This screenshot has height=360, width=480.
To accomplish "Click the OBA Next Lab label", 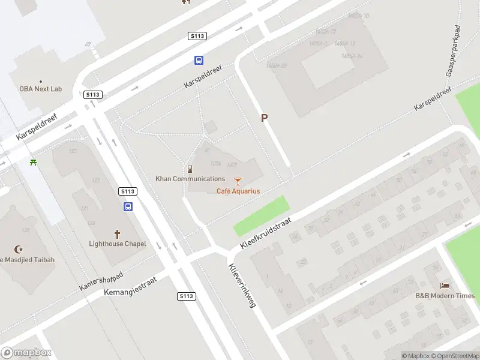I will [40, 89].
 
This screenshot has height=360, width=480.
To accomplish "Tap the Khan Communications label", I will [190, 179].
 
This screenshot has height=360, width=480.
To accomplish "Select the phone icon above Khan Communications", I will [190, 169].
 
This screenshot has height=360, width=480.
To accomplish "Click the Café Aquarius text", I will [238, 191].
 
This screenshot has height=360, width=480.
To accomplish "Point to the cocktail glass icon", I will [238, 181].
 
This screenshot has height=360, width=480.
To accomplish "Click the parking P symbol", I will [263, 118].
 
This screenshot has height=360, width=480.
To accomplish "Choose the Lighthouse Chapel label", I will [117, 244].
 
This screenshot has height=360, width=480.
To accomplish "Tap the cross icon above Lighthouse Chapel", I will [117, 233].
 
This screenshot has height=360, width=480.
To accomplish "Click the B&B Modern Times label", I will [445, 296].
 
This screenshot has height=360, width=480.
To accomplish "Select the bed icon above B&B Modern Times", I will [445, 286].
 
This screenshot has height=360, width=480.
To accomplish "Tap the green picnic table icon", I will [34, 162].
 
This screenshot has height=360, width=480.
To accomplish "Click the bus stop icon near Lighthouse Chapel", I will [128, 206].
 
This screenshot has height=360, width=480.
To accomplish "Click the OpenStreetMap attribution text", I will [454, 356].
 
